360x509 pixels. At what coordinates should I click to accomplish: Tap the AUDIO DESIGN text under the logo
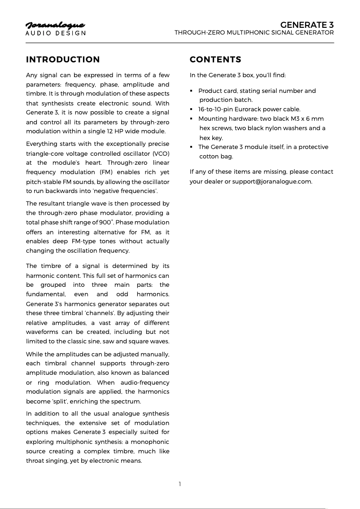point(56,33)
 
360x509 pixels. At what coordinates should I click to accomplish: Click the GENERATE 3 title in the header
point(307,24)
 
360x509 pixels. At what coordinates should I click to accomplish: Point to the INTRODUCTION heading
point(63,60)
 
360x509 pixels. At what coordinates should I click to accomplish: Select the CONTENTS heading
point(215,60)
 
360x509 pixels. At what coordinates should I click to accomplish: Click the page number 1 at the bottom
point(180,484)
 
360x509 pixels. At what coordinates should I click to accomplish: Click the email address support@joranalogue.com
point(272,181)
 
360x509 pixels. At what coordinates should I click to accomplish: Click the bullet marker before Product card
point(192,91)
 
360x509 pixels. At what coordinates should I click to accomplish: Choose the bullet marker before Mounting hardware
point(192,119)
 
